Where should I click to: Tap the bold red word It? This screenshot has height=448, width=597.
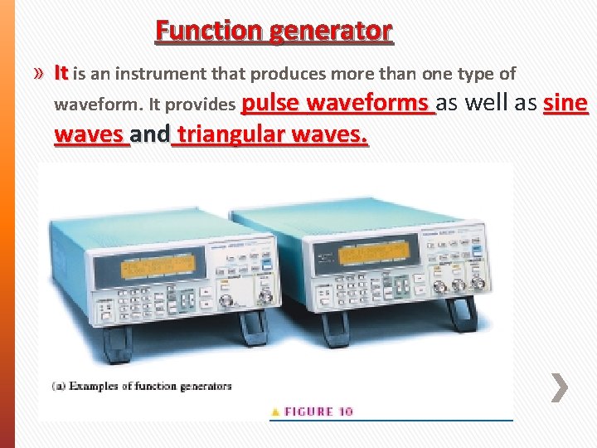(61, 73)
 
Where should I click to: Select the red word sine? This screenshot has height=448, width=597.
(565, 103)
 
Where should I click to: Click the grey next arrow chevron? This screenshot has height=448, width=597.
(560, 387)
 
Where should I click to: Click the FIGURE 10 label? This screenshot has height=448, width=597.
(319, 411)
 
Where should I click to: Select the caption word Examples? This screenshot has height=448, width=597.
(96, 386)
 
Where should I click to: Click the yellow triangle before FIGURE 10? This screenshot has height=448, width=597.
(275, 411)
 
